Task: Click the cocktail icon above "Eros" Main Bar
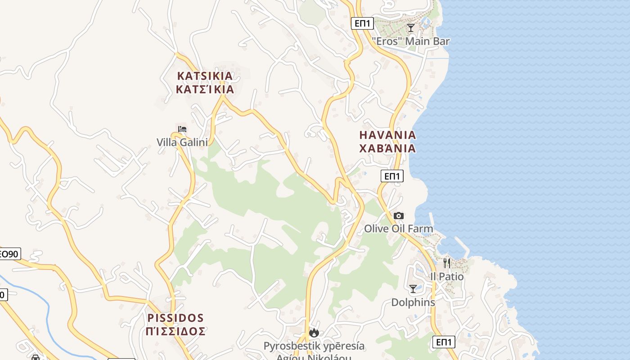(x=411, y=28)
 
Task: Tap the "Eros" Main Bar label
(x=411, y=41)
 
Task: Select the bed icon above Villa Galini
(x=182, y=129)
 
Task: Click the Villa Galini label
(x=182, y=142)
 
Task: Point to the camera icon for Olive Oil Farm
(x=399, y=216)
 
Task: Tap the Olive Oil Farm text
(x=399, y=229)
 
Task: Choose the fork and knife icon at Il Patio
(x=447, y=263)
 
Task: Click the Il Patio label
(x=447, y=276)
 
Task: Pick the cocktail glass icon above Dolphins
(x=413, y=289)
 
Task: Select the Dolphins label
(x=413, y=302)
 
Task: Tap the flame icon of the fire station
(x=314, y=333)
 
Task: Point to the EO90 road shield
(x=9, y=254)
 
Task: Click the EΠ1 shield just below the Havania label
(x=392, y=176)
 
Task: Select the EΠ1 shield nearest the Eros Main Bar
(x=363, y=23)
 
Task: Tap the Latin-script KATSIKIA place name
(x=205, y=76)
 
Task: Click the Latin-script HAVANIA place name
(x=387, y=135)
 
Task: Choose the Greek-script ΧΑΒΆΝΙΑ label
(x=387, y=148)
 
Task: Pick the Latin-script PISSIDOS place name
(x=175, y=318)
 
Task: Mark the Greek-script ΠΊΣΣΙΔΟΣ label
(x=175, y=332)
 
